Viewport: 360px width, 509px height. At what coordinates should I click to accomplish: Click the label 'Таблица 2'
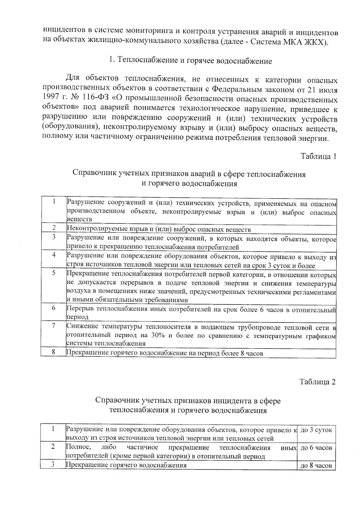[318, 382]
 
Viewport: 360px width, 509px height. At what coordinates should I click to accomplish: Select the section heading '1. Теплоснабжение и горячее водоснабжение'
[190, 61]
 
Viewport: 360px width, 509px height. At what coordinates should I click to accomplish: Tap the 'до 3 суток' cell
[316, 430]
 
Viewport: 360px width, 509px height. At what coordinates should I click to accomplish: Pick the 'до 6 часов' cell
[316, 448]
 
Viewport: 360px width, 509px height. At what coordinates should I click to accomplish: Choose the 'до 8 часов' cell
[316, 466]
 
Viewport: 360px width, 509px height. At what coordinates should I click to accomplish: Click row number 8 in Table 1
[53, 352]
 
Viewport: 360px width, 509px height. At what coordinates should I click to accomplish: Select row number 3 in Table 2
[53, 465]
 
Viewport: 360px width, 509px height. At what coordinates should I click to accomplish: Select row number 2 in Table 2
[53, 447]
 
